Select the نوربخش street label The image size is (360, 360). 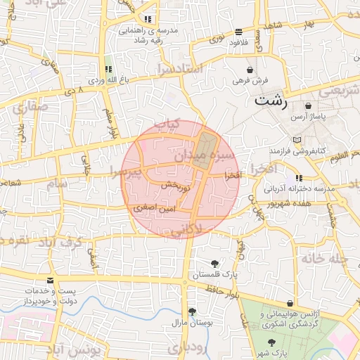pyautogui.click(x=176, y=187)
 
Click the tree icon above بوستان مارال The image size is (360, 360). pyautogui.click(x=192, y=311)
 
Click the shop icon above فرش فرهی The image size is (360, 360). pyautogui.click(x=251, y=70)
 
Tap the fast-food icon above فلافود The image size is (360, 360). pyautogui.click(x=240, y=32)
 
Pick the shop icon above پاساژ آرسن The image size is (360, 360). pyautogui.click(x=308, y=106)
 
